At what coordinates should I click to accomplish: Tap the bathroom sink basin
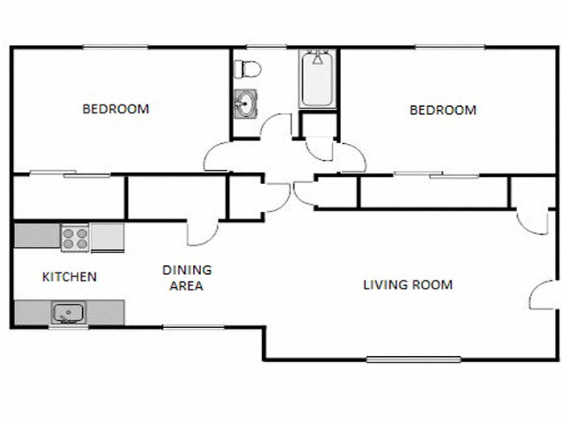(245, 104)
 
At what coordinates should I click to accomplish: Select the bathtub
(318, 80)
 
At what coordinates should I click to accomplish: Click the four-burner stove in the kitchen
(76, 237)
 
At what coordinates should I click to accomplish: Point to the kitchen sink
(68, 311)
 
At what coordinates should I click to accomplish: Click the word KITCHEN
(69, 277)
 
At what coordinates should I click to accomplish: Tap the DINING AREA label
(187, 277)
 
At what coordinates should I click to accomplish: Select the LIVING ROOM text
(408, 285)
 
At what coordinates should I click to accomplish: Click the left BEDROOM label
(116, 109)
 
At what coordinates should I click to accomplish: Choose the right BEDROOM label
(442, 110)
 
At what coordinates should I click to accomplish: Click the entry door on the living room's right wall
(542, 295)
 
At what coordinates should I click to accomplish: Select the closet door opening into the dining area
(201, 232)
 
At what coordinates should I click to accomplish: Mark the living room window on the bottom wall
(413, 359)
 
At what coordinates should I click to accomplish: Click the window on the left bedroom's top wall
(116, 47)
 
